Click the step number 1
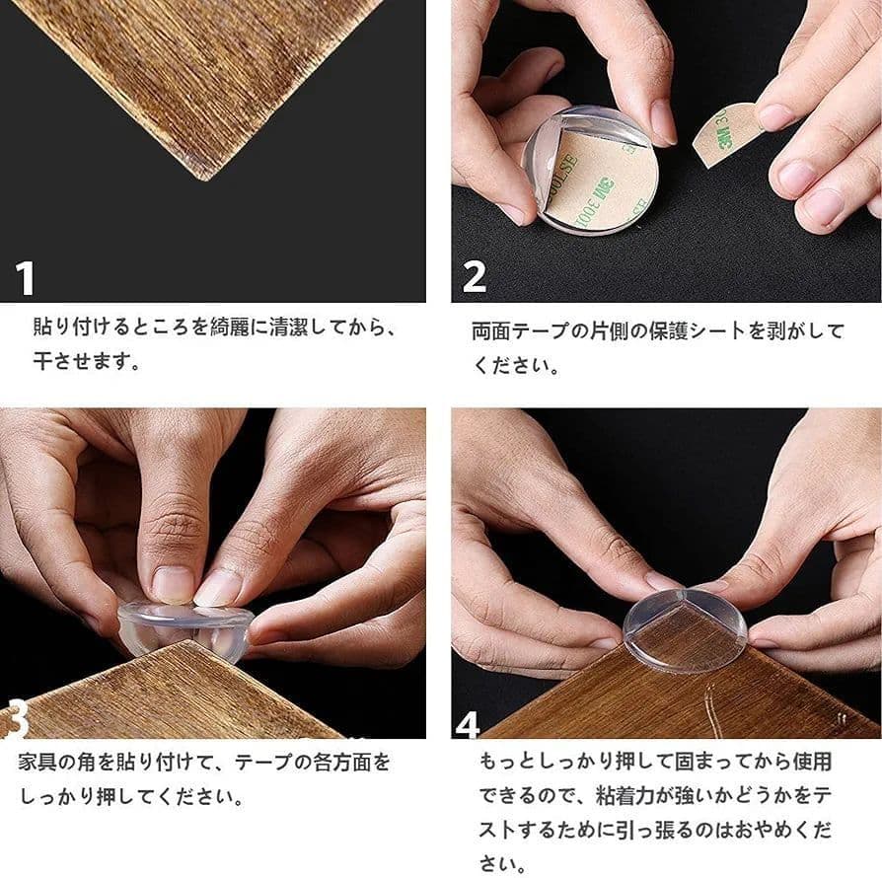click(25, 278)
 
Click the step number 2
click(475, 276)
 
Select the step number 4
click(468, 724)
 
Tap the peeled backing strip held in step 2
click(726, 134)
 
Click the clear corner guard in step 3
click(185, 626)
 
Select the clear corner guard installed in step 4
click(685, 630)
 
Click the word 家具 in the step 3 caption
click(37, 763)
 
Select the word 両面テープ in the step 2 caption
click(520, 330)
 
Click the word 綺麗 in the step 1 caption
click(230, 327)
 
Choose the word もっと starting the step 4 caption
click(508, 762)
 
